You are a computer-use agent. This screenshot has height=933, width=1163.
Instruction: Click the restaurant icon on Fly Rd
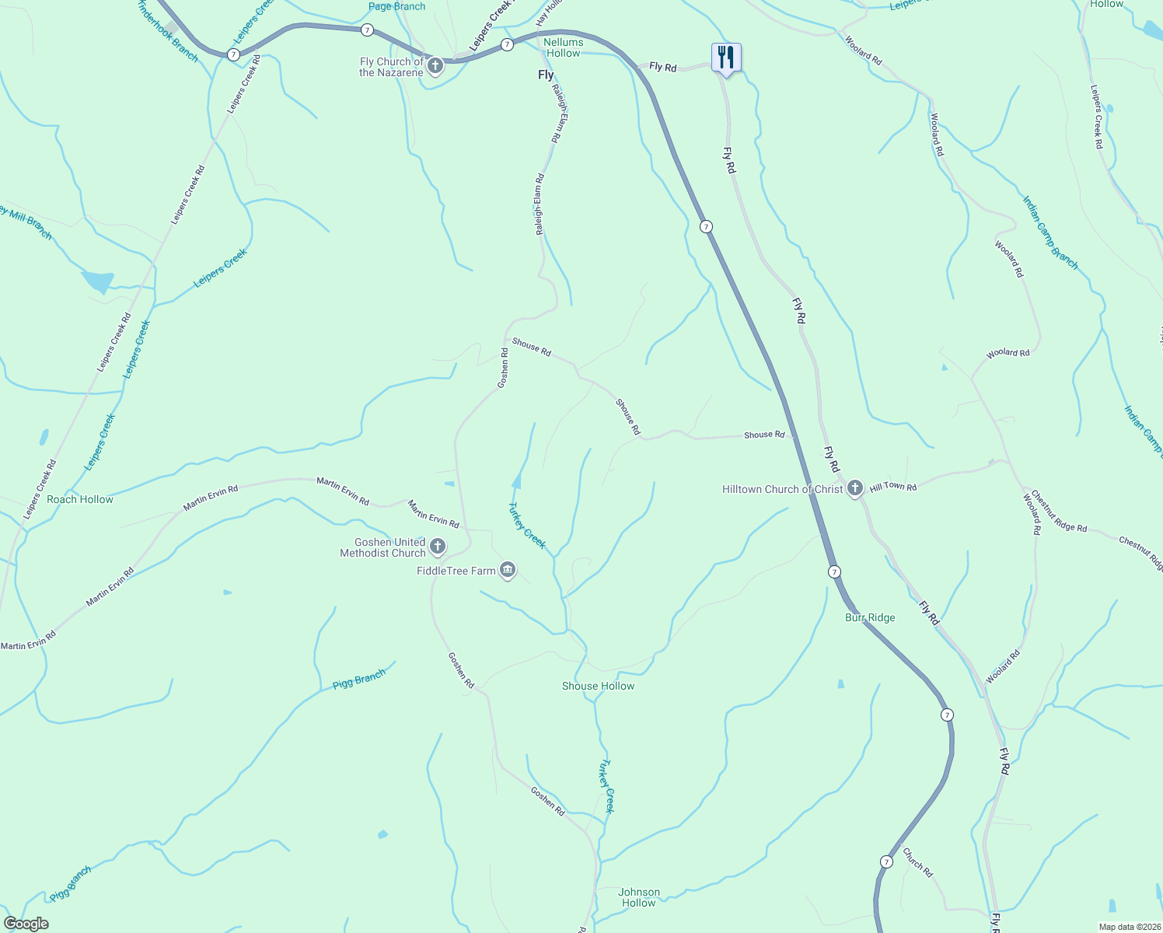click(x=726, y=58)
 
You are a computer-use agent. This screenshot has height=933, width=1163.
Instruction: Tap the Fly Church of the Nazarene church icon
click(x=435, y=66)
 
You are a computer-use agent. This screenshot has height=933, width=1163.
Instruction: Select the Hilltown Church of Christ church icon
click(x=854, y=488)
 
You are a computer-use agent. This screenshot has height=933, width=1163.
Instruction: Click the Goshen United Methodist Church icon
click(x=438, y=547)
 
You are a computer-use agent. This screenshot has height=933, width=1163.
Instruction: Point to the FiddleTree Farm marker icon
click(x=508, y=571)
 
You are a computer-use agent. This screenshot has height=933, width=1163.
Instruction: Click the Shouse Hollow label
click(x=598, y=686)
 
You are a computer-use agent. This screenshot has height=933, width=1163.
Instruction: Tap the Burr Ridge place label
click(x=870, y=617)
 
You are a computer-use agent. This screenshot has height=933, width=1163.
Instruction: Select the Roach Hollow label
click(x=80, y=499)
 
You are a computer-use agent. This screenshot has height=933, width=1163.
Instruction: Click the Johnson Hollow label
click(x=639, y=897)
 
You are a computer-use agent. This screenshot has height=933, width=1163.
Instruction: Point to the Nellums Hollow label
click(x=564, y=47)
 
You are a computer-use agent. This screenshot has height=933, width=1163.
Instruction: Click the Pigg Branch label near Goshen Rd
click(x=358, y=680)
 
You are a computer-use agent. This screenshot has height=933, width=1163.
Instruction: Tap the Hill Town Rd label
click(x=892, y=487)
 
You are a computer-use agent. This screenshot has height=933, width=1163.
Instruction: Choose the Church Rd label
click(x=917, y=863)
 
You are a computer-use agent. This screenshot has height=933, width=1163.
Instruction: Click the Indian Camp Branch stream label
click(x=1049, y=232)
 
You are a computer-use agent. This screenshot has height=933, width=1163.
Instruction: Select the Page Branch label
click(x=396, y=6)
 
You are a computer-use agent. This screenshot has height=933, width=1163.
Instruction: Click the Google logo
click(x=26, y=924)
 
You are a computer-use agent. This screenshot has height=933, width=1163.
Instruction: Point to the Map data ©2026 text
click(x=1129, y=927)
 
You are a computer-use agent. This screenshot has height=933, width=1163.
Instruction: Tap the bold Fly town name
click(x=546, y=75)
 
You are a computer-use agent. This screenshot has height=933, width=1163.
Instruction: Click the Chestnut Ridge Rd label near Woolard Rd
click(x=1059, y=512)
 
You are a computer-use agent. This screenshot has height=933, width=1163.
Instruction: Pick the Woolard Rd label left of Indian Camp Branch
click(x=1008, y=259)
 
